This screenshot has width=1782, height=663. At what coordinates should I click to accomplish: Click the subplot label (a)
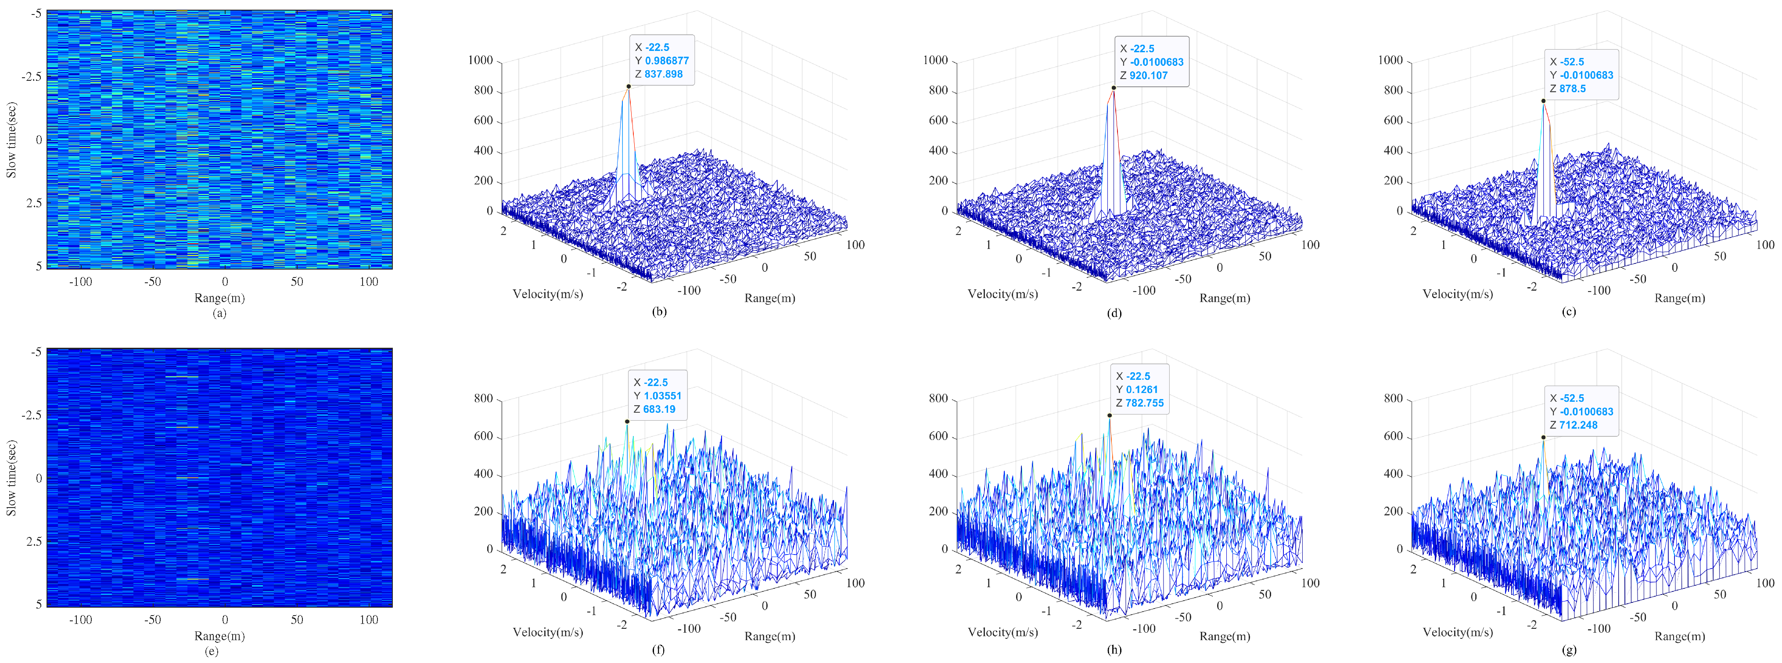219,313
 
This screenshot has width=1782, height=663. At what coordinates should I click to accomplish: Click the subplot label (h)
1114,649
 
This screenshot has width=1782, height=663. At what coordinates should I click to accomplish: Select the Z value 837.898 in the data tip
663,74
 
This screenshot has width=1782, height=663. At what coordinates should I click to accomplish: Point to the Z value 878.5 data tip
1572,89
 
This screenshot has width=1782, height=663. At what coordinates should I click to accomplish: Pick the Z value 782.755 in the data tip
1144,403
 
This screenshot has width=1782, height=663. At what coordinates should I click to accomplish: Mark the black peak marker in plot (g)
1543,437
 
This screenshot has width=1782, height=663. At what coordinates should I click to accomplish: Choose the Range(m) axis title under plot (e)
219,636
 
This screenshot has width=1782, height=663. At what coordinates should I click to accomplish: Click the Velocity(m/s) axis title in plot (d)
1002,294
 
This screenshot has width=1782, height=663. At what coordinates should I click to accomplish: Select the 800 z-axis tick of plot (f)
483,399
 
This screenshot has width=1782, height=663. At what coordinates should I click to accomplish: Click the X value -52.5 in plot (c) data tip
1572,61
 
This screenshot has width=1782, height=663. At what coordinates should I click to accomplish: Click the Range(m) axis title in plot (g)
1680,636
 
